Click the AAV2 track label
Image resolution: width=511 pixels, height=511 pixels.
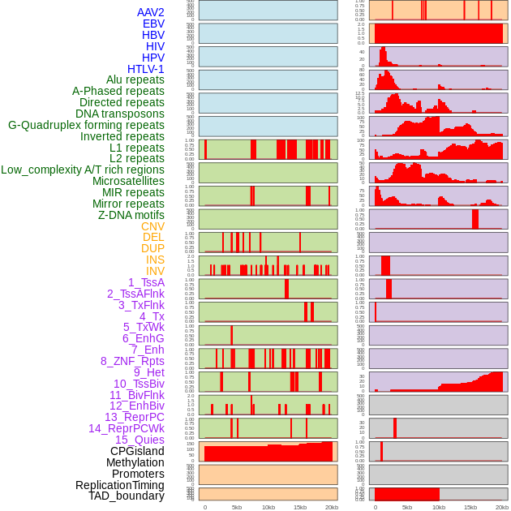pyautogui.click(x=150, y=12)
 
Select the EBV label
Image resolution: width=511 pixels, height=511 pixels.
pyautogui.click(x=153, y=24)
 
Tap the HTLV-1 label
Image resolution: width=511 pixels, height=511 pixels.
pyautogui.click(x=145, y=69)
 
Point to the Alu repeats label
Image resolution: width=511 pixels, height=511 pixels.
pyautogui.click(x=135, y=79)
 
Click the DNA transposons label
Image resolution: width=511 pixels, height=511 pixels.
pyautogui.click(x=120, y=114)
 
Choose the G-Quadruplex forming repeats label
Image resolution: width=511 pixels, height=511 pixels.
pyautogui.click(x=86, y=125)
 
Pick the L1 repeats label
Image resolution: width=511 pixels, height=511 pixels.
pyautogui.click(x=137, y=148)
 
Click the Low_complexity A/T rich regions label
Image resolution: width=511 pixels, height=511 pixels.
pyautogui.click(x=83, y=170)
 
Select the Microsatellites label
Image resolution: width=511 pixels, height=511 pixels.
pyautogui.click(x=128, y=181)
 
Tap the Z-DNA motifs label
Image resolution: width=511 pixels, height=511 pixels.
pyautogui.click(x=131, y=215)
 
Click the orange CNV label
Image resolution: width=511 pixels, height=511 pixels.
pyautogui.click(x=152, y=226)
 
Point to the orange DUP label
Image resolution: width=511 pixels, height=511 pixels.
pyautogui.click(x=152, y=248)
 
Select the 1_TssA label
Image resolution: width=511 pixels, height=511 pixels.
pyautogui.click(x=146, y=282)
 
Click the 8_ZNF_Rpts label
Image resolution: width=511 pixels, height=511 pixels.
pyautogui.click(x=132, y=361)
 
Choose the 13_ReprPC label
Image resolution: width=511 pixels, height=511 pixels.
pyautogui.click(x=134, y=417)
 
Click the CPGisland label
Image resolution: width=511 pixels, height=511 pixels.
pyautogui.click(x=137, y=451)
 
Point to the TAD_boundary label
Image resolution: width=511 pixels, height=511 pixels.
pyautogui.click(x=127, y=496)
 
